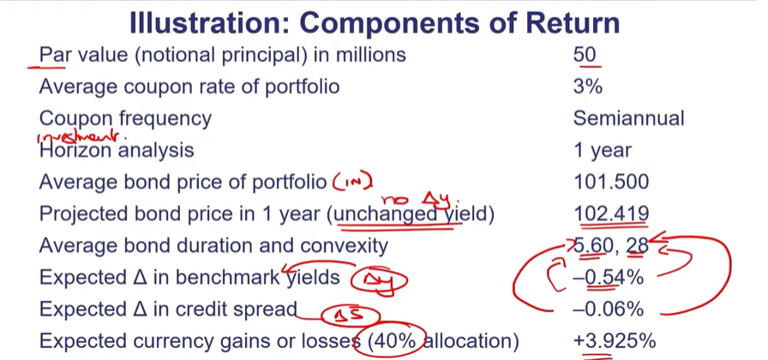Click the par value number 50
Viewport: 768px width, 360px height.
tap(585, 55)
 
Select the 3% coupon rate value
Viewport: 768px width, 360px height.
tap(588, 87)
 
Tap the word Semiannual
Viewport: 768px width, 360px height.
tap(628, 118)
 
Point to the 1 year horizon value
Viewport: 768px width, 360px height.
tap(603, 151)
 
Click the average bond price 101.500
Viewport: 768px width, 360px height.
tap(611, 183)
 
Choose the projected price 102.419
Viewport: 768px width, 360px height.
tap(611, 213)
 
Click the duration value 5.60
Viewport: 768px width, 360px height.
tap(595, 246)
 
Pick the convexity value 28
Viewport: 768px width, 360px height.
tap(638, 246)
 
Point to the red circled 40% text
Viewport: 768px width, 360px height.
tap(393, 341)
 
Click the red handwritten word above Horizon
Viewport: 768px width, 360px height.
tap(81, 136)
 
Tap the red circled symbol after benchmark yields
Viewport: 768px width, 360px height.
tap(381, 279)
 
